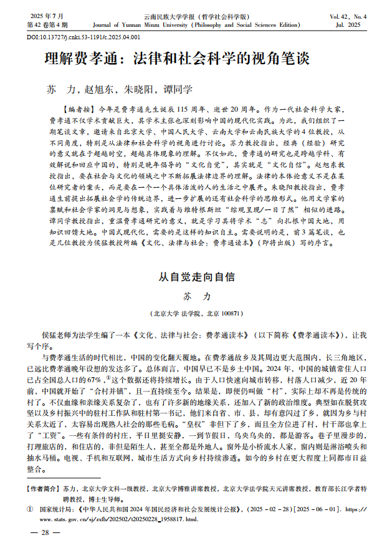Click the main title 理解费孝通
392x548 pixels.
coord(178,60)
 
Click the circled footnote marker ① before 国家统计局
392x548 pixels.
coord(29,509)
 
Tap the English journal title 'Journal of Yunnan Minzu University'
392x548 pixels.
coord(196,26)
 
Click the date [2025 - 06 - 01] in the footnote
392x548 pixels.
coord(307,509)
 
